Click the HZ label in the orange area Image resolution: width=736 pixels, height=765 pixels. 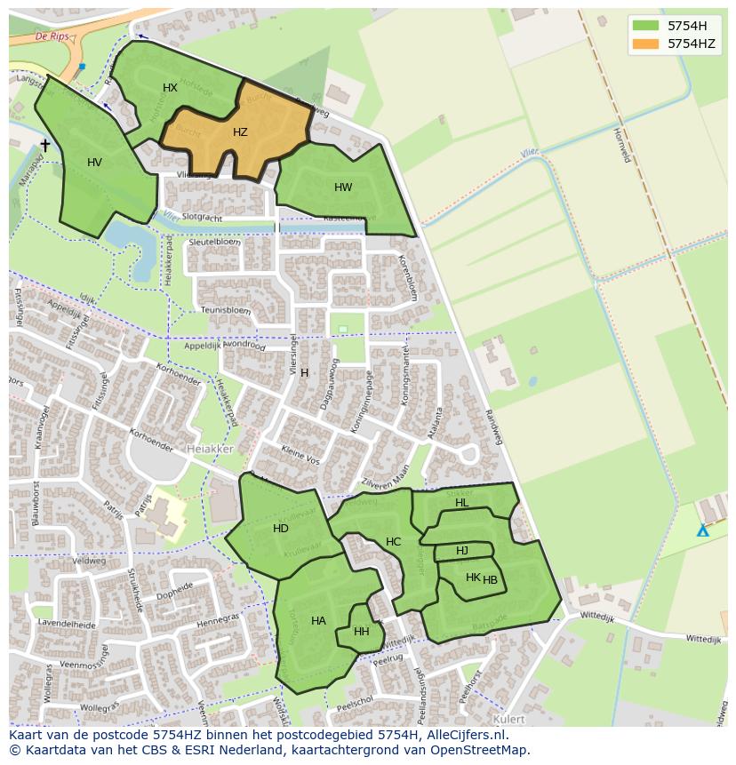click(240, 132)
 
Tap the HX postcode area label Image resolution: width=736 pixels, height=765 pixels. click(170, 87)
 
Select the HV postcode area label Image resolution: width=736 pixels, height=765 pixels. click(95, 163)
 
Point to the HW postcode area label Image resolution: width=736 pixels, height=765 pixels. click(343, 187)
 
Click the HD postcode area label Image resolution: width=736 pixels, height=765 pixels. click(281, 529)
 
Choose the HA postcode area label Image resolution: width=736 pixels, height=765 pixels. click(318, 621)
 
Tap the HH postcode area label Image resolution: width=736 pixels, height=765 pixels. click(361, 632)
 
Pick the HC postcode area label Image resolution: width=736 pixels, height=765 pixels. click(393, 542)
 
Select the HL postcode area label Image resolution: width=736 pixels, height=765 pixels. click(461, 503)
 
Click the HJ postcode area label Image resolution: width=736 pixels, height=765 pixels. click(462, 551)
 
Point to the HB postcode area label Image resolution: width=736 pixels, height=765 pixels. click(490, 580)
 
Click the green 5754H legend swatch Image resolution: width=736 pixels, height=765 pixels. click(646, 26)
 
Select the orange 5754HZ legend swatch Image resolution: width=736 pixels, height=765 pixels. click(646, 44)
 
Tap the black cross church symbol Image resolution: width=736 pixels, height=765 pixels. click(45, 145)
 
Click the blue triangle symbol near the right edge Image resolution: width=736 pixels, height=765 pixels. click(702, 530)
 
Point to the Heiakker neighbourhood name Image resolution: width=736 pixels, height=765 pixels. click(210, 450)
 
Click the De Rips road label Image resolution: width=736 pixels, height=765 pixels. click(52, 36)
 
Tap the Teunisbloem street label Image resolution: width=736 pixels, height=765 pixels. click(226, 310)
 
